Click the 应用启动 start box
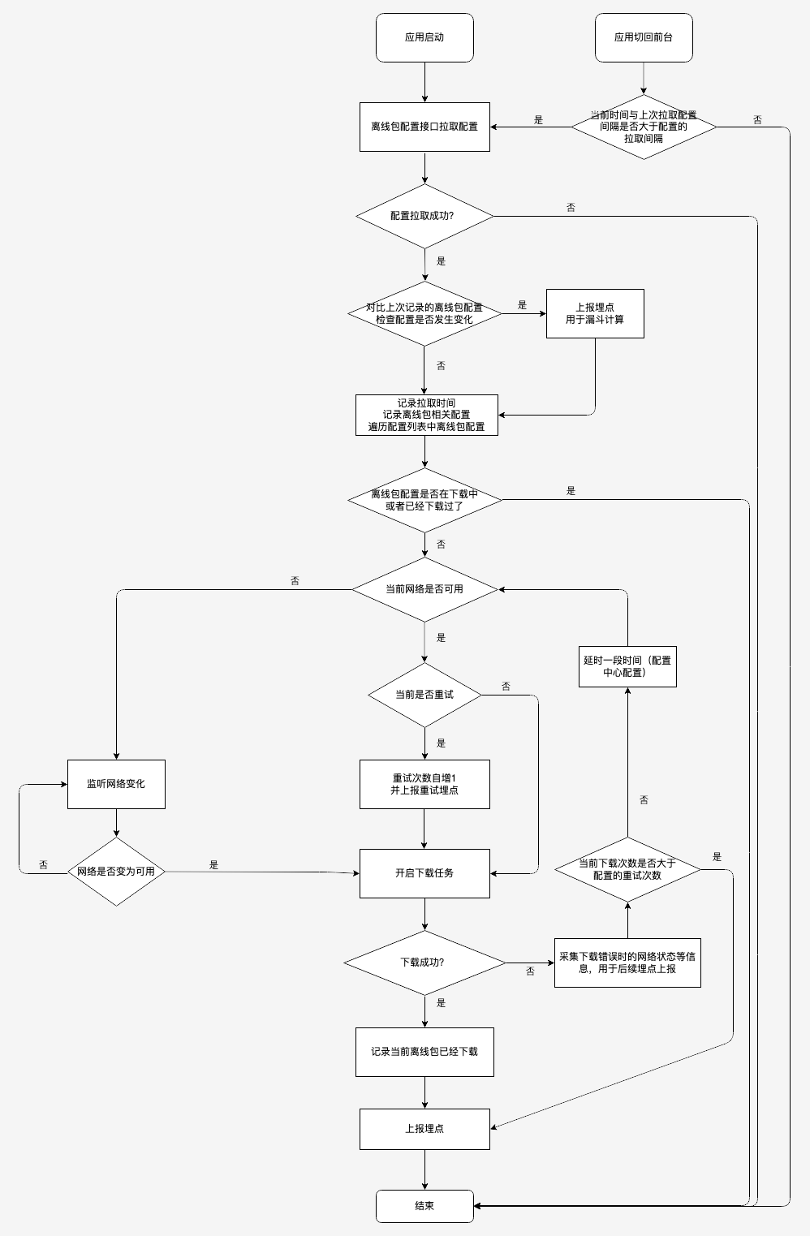pyautogui.click(x=424, y=37)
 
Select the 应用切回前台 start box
pyautogui.click(x=644, y=37)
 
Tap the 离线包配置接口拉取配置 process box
pyautogui.click(x=424, y=127)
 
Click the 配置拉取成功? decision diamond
pyautogui.click(x=424, y=216)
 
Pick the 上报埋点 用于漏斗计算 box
pyautogui.click(x=595, y=313)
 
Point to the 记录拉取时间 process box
pyautogui.click(x=426, y=415)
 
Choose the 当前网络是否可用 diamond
pyautogui.click(x=424, y=589)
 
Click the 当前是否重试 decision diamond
pyautogui.click(x=424, y=695)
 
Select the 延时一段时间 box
pyautogui.click(x=627, y=666)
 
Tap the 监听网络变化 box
pyautogui.click(x=116, y=784)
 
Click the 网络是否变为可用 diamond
pyautogui.click(x=116, y=872)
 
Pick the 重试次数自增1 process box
pyautogui.click(x=424, y=784)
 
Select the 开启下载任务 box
pyautogui.click(x=424, y=873)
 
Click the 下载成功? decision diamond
pyautogui.click(x=424, y=963)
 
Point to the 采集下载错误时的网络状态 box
pyautogui.click(x=627, y=963)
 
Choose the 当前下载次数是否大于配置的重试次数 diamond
pyautogui.click(x=627, y=869)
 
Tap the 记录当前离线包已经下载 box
pyautogui.click(x=424, y=1052)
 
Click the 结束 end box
pyautogui.click(x=424, y=1206)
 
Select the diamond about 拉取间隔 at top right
pyautogui.click(x=644, y=127)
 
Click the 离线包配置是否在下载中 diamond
pyautogui.click(x=424, y=500)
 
